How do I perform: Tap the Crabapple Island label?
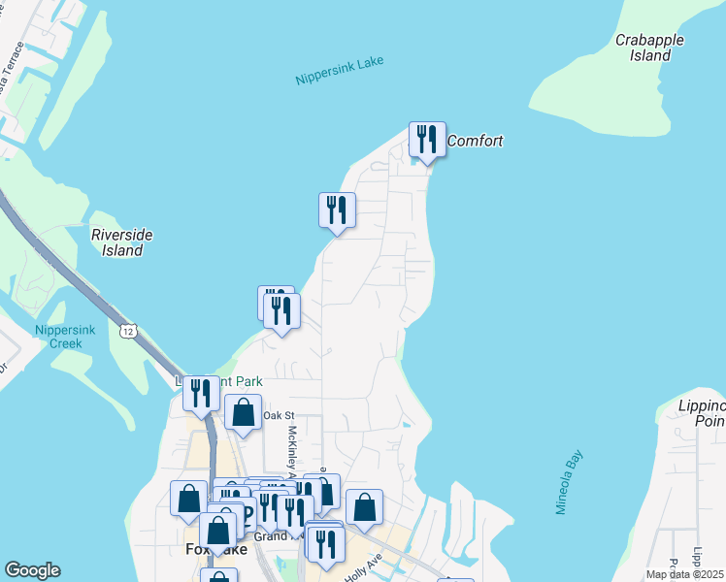coord(649,48)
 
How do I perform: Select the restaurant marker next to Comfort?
coord(427,140)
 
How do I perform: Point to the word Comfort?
coord(475,141)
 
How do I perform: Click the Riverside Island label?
coord(121,242)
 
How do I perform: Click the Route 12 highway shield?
coord(128,332)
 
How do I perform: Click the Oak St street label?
coord(275,415)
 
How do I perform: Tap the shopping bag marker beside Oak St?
coord(243,413)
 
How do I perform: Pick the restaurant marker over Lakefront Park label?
coord(201,393)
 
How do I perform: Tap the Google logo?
coord(32,570)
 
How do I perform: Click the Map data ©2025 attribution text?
coord(684,574)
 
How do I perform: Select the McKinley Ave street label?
coord(291,451)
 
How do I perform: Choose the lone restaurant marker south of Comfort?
coord(337,210)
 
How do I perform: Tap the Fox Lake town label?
coord(214,549)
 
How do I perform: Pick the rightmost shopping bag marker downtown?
coord(364,507)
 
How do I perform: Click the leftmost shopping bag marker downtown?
coord(188,499)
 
